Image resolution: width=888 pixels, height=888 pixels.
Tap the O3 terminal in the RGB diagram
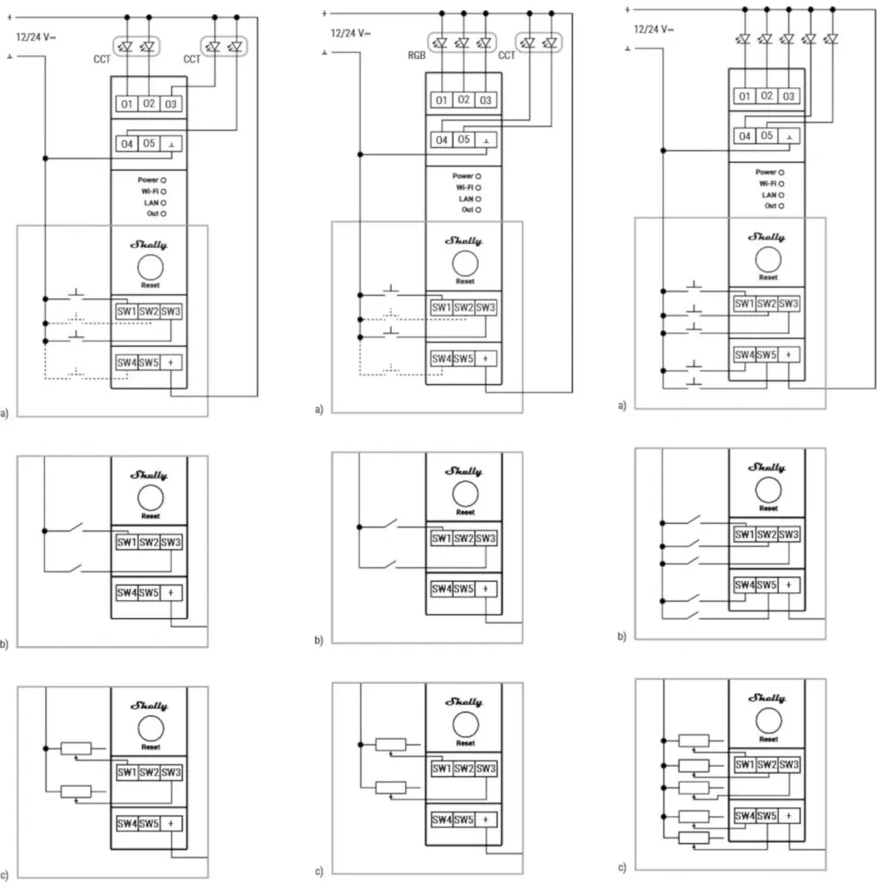pyautogui.click(x=486, y=101)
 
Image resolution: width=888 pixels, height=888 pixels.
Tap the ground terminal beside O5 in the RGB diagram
pyautogui.click(x=486, y=140)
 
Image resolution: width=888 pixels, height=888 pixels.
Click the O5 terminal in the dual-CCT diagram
pyautogui.click(x=149, y=143)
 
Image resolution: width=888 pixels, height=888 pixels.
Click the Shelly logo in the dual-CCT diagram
pyautogui.click(x=149, y=246)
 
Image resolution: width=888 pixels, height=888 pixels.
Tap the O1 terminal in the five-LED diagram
pyautogui.click(x=744, y=96)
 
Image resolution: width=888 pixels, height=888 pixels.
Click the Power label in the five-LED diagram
pyautogui.click(x=765, y=172)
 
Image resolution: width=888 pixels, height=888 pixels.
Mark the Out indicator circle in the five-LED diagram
pyautogui.click(x=780, y=206)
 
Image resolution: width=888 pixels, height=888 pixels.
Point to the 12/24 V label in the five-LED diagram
pyautogui.click(x=652, y=29)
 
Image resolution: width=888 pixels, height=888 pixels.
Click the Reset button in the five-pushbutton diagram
pyautogui.click(x=767, y=258)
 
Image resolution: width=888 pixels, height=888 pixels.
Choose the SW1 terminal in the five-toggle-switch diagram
pyautogui.click(x=744, y=535)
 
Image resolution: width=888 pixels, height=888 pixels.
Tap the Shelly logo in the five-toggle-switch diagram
pyautogui.click(x=767, y=468)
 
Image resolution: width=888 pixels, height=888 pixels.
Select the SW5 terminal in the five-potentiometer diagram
pyautogui.click(x=767, y=816)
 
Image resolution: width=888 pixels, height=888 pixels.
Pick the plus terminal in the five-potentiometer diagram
pyautogui.click(x=788, y=816)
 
